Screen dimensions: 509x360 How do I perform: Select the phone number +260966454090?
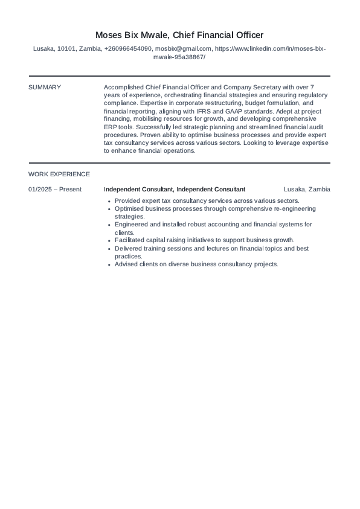click(x=128, y=49)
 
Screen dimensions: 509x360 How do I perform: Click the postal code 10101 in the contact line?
click(x=66, y=49)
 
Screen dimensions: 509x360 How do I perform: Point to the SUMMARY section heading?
click(x=45, y=87)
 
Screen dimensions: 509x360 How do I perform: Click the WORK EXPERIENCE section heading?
click(x=59, y=174)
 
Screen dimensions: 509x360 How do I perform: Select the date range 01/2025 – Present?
click(x=55, y=189)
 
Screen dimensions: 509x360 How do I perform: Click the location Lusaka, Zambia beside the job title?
click(x=307, y=189)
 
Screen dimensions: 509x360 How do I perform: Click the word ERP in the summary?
click(x=111, y=127)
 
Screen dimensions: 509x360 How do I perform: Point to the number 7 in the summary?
click(x=312, y=87)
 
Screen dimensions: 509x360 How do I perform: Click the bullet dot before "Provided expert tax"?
click(x=108, y=201)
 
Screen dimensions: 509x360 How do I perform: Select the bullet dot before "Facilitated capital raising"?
click(x=108, y=240)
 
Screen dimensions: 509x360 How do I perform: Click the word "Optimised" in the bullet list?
click(x=129, y=208)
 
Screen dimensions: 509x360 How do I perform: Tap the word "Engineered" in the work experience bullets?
click(x=131, y=224)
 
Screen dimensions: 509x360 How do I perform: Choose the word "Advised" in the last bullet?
click(x=126, y=264)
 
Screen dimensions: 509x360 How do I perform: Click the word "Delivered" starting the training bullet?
click(x=129, y=248)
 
